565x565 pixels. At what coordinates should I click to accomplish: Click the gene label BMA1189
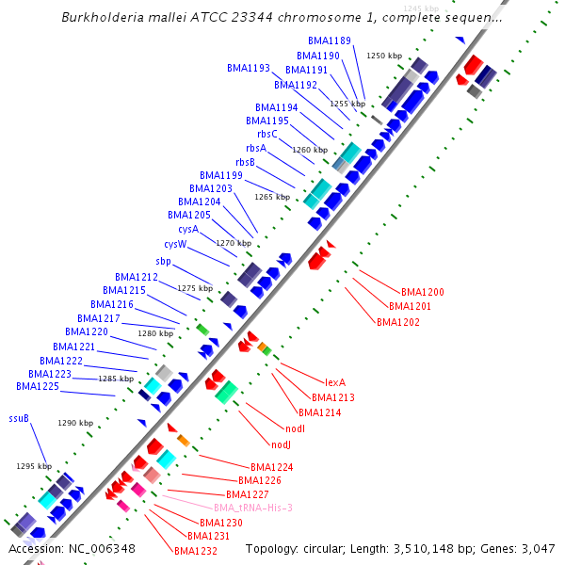[x=330, y=41]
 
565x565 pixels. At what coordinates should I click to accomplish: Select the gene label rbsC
[x=267, y=134]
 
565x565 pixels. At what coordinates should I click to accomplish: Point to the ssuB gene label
[x=19, y=418]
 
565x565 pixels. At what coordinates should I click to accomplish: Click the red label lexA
[x=335, y=382]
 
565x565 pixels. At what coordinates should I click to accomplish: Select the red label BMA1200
[x=423, y=292]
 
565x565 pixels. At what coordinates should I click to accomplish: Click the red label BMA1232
[x=196, y=551]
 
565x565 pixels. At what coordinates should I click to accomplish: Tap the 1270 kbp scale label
[x=234, y=243]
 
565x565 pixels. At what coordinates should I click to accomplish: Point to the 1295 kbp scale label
[x=33, y=466]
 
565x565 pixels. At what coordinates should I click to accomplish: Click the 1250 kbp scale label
[x=383, y=56]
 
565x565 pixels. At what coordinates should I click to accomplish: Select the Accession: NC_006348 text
[x=72, y=548]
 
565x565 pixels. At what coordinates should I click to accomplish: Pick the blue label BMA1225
[x=38, y=386]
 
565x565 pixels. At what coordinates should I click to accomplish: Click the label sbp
[x=163, y=261]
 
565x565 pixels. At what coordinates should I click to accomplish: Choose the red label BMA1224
[x=271, y=467]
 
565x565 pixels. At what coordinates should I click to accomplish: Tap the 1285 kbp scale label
[x=116, y=379]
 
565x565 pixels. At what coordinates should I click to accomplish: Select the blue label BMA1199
[x=221, y=175]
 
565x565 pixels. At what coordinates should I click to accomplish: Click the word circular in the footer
[x=325, y=548]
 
